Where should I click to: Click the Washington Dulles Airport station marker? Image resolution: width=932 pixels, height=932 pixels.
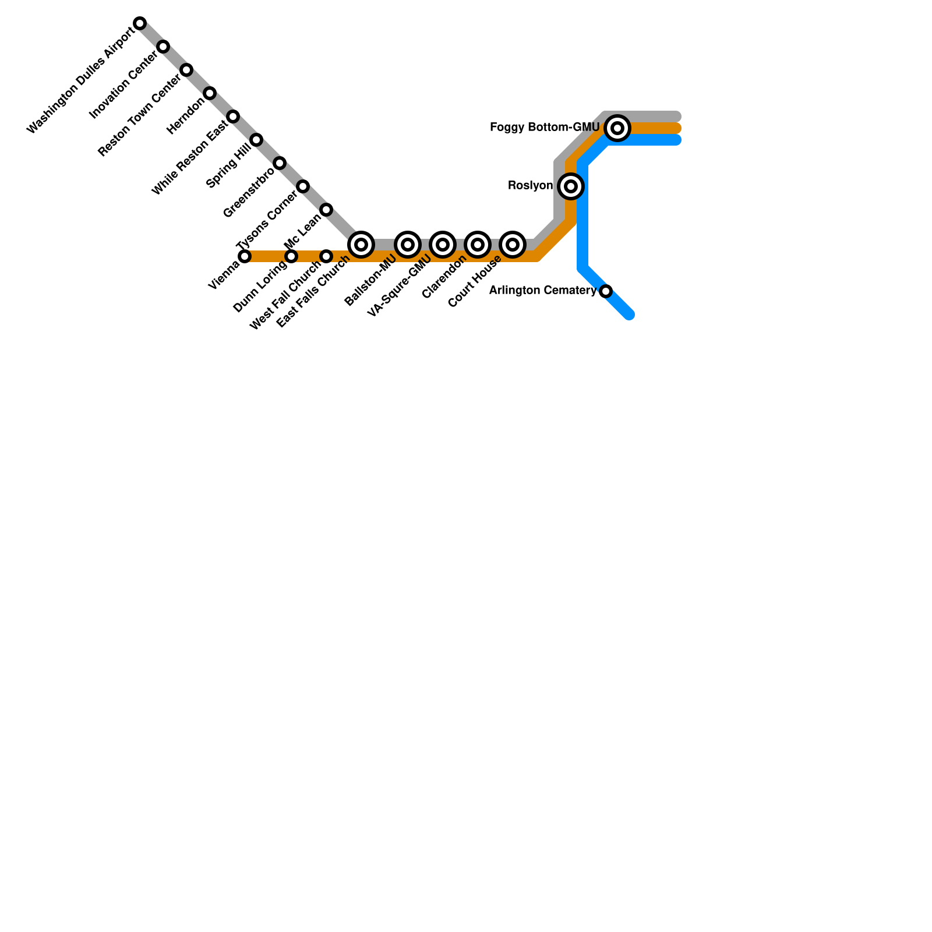(140, 23)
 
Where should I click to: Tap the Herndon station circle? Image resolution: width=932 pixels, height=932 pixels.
(210, 93)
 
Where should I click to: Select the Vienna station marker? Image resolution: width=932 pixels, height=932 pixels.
(245, 256)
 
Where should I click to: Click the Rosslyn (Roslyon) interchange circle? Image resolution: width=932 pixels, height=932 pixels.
(571, 186)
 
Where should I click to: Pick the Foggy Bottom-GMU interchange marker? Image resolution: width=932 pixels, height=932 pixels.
(617, 128)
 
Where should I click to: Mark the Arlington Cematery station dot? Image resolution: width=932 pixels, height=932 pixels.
(606, 291)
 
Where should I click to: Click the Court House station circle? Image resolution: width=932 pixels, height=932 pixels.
(513, 245)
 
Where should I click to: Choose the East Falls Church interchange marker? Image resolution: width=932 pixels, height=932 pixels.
(361, 245)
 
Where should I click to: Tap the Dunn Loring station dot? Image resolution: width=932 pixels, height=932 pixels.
(291, 256)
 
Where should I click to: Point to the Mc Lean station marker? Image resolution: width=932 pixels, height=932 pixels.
(326, 210)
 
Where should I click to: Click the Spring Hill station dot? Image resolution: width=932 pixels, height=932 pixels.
(256, 140)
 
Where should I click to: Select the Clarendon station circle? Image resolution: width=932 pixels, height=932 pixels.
(478, 245)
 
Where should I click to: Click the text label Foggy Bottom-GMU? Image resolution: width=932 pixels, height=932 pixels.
(545, 127)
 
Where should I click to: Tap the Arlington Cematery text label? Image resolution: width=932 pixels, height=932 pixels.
(542, 290)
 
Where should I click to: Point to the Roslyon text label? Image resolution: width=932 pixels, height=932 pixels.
(530, 186)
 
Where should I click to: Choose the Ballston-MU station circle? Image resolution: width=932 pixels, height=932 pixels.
(408, 245)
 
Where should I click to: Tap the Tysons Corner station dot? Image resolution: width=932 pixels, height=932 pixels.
(303, 186)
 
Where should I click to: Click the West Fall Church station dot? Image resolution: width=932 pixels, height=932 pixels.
(326, 256)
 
